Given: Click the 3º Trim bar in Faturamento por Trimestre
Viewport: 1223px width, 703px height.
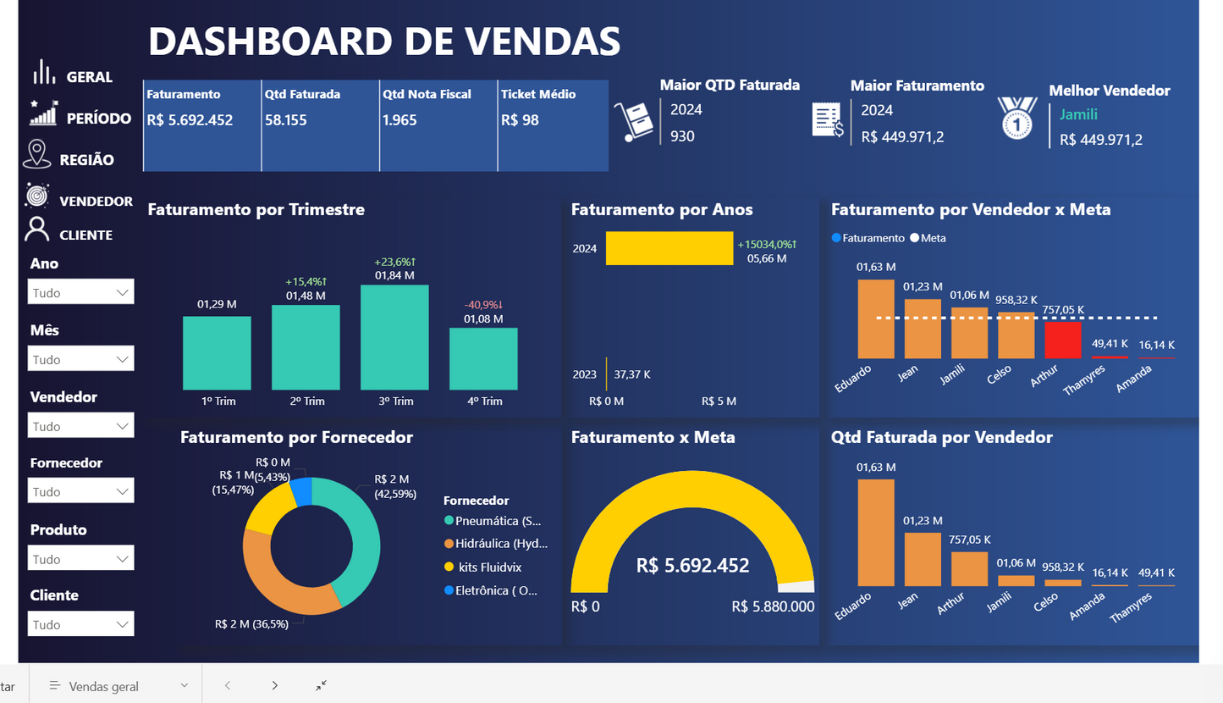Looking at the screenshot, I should tap(394, 337).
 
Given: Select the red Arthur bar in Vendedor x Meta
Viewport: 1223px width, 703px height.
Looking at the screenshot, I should tap(1062, 340).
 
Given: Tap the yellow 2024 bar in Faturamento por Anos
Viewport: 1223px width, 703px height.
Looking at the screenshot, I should tap(669, 248).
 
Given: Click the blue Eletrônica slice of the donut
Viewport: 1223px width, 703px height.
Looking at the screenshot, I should tap(301, 492).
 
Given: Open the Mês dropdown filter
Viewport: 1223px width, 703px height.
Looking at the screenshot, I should tap(81, 359).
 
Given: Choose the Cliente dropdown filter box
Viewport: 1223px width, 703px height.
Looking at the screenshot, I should tap(81, 624).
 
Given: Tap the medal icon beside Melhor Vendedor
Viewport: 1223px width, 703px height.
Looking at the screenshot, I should tap(1016, 117).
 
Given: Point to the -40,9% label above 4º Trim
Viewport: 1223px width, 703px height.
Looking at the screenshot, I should tap(483, 304).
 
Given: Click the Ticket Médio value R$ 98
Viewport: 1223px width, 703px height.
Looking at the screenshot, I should tap(520, 120).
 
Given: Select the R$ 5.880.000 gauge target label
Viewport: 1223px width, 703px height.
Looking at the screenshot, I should tap(773, 606).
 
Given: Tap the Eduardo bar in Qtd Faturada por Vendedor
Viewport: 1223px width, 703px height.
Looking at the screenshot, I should tap(876, 532).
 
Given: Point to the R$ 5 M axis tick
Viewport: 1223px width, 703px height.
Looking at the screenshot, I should tap(719, 401).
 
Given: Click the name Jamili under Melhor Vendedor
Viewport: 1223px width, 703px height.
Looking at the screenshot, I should tap(1078, 114).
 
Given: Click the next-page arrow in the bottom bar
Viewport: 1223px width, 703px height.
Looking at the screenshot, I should tap(274, 685).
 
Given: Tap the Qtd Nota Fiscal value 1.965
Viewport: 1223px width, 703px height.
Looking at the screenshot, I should tap(399, 120).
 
